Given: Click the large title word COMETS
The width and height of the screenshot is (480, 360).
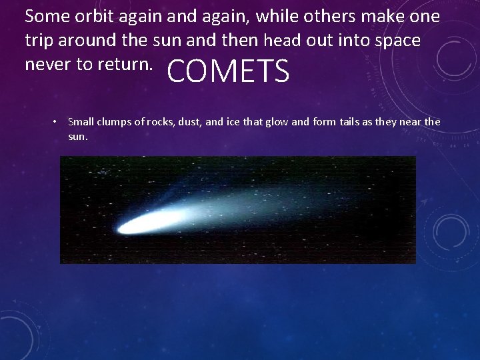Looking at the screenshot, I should click(x=228, y=71).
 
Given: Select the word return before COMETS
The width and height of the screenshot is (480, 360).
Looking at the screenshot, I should click(x=129, y=64).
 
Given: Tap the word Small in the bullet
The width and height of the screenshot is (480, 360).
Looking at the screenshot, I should click(x=81, y=121).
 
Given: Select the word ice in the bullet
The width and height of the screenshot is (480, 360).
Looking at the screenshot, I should click(x=235, y=121).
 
